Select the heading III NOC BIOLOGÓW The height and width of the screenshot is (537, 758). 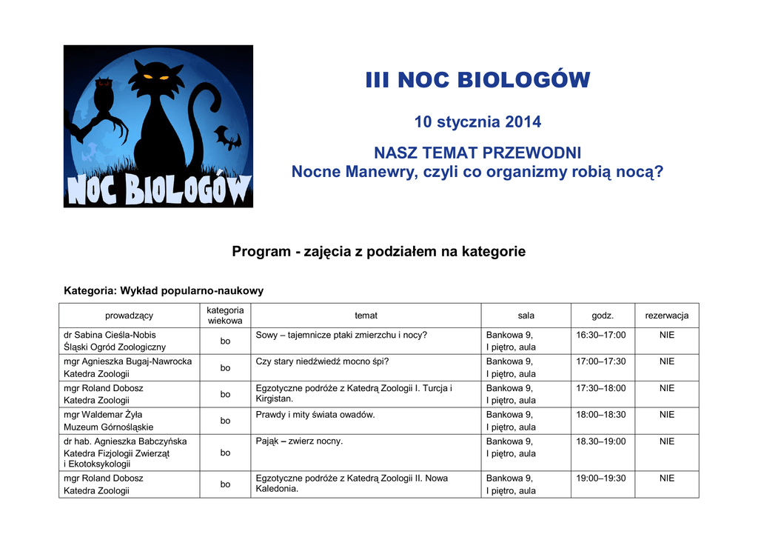[477, 80]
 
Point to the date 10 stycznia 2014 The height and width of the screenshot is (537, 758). [477, 121]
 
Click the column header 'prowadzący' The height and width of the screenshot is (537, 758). [129, 316]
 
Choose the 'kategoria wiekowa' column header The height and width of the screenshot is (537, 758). [225, 316]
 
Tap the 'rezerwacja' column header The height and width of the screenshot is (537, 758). [666, 316]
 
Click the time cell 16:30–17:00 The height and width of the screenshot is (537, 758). [600, 336]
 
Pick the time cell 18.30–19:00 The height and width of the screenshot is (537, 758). [600, 441]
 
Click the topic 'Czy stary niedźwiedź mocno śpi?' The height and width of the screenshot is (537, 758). [322, 361]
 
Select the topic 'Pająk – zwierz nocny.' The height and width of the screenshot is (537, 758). [299, 441]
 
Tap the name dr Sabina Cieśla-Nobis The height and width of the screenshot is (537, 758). [110, 336]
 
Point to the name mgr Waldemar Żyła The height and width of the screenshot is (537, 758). [103, 415]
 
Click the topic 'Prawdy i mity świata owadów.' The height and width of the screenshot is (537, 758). [315, 415]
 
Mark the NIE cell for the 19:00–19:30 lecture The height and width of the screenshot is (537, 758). [666, 478]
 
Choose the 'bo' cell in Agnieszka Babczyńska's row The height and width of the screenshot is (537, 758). [225, 453]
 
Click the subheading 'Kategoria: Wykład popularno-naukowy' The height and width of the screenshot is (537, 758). [164, 290]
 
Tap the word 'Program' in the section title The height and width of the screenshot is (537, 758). [261, 252]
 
